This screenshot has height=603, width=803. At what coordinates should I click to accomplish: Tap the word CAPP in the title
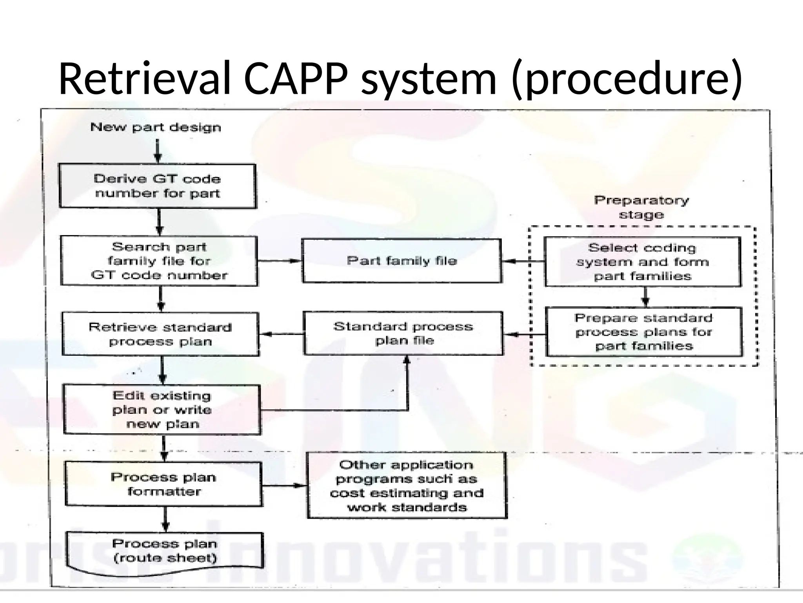(x=296, y=79)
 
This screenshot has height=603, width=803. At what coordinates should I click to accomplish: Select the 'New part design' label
(x=156, y=127)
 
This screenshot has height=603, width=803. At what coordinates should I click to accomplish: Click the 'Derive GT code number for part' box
(x=157, y=186)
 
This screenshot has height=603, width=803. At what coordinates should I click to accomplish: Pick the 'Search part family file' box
(x=159, y=261)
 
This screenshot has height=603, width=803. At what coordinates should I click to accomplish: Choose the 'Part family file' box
(x=402, y=261)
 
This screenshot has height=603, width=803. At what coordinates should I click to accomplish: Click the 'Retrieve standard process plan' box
(x=160, y=334)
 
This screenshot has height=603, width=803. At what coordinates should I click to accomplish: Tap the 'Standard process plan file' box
(x=403, y=333)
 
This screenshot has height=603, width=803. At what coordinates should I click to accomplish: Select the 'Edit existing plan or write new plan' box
(x=162, y=409)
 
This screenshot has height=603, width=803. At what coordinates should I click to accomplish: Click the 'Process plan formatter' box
(x=164, y=484)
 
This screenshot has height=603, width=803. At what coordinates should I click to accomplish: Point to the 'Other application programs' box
(x=407, y=486)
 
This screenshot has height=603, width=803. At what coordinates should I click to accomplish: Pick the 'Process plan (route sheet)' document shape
(x=165, y=550)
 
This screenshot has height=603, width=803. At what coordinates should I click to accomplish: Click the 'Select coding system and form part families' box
(x=642, y=262)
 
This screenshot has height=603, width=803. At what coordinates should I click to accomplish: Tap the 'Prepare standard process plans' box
(x=644, y=332)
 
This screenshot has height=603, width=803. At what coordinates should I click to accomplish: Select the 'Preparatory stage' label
(x=641, y=207)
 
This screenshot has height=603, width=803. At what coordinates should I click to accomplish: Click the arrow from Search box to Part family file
(x=280, y=261)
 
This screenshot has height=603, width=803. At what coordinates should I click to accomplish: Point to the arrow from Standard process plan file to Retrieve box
(x=282, y=334)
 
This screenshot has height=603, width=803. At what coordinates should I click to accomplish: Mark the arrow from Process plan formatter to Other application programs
(x=284, y=486)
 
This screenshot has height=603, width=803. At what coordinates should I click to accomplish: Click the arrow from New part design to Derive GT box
(x=158, y=151)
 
